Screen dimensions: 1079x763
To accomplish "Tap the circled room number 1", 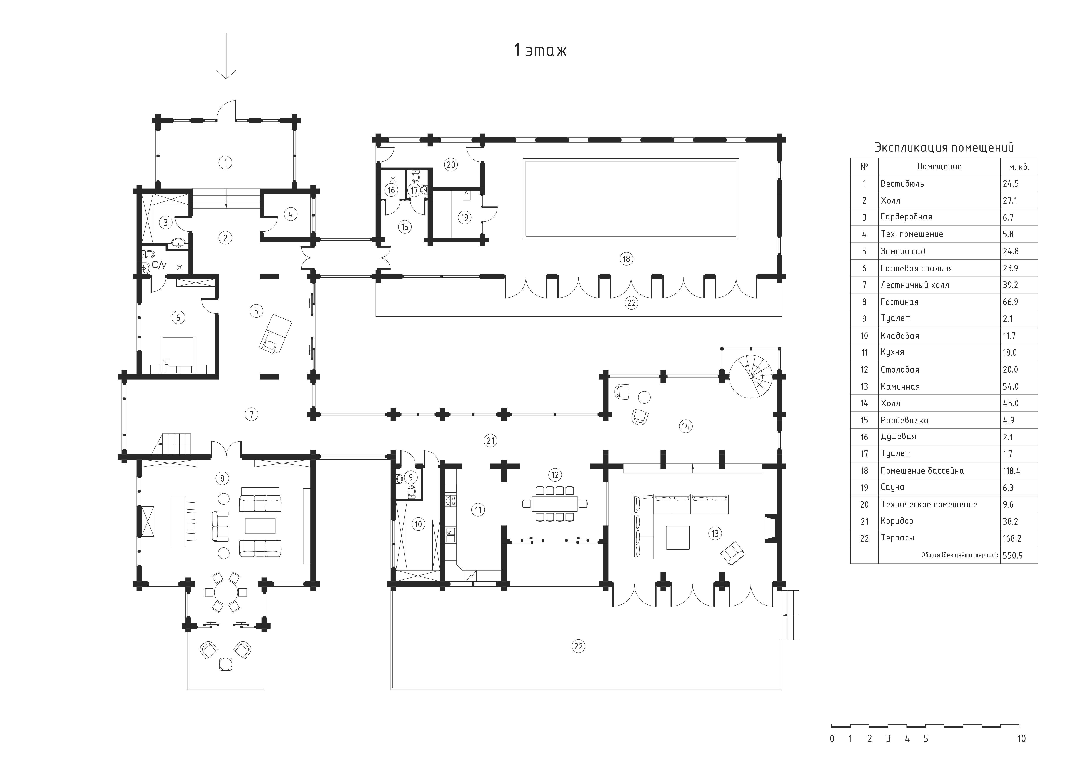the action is point(226,163).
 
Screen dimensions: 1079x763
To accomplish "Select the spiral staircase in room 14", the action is point(750,376).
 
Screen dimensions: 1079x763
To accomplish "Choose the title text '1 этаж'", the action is point(540,50).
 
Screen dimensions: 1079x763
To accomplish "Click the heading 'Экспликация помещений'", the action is point(944,148).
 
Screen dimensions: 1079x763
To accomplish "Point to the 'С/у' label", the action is point(159,265).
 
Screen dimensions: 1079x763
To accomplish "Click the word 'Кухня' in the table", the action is point(892,352).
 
